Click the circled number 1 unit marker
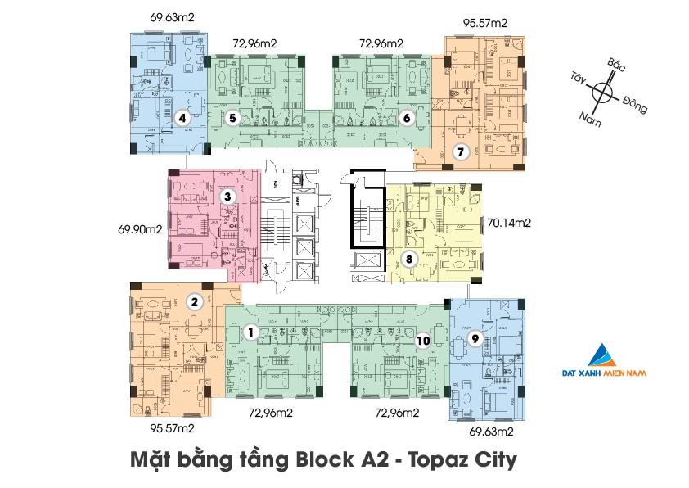(x=252, y=332)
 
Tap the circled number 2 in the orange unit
(x=194, y=302)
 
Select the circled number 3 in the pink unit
(x=227, y=197)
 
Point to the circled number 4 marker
(x=182, y=118)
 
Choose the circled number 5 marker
(x=232, y=118)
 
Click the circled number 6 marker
(x=407, y=118)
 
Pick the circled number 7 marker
(x=461, y=151)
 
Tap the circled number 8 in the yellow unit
(x=410, y=260)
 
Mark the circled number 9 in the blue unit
(x=473, y=338)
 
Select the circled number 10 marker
(x=422, y=340)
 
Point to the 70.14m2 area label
(x=509, y=222)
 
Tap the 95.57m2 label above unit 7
(x=484, y=24)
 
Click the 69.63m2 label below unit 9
(x=490, y=430)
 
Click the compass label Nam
(x=589, y=120)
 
